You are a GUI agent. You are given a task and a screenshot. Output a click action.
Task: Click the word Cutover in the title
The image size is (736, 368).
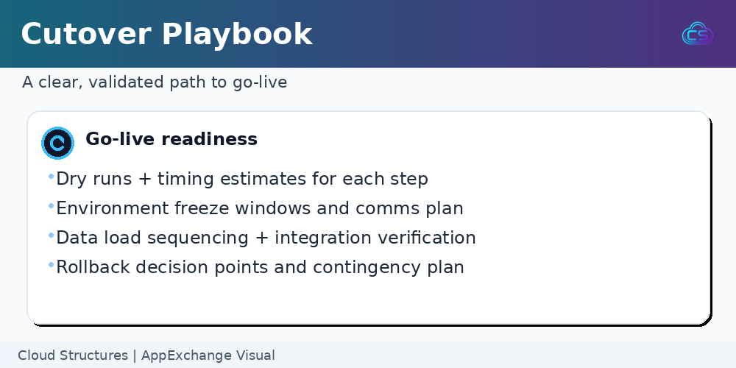pos(86,34)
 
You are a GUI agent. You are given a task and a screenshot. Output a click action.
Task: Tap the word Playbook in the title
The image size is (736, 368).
pos(237,35)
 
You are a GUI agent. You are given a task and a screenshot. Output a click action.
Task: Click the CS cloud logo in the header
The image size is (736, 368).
pos(698,34)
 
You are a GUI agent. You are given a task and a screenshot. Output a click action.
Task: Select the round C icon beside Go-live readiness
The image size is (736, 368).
pos(57,144)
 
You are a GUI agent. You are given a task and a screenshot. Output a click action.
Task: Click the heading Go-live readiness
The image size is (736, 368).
pos(171,139)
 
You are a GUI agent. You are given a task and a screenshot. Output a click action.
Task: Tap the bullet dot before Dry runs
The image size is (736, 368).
pos(52,177)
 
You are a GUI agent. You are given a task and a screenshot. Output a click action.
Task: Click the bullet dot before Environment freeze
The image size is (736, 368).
pos(52,205)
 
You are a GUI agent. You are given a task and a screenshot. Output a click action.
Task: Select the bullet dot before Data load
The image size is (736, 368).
pos(52,236)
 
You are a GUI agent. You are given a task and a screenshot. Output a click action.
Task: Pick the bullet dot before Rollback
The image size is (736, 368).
pos(52,265)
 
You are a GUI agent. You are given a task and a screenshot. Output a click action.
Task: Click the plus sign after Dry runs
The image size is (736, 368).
pos(144,180)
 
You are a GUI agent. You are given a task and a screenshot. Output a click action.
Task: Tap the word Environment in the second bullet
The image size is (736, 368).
pos(112,208)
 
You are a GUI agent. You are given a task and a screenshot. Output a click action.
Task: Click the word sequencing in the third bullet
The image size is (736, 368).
pos(197,238)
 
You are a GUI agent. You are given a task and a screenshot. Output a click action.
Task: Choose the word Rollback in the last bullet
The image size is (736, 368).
pos(93,267)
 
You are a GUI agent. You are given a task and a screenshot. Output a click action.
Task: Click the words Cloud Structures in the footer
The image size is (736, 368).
pos(73,355)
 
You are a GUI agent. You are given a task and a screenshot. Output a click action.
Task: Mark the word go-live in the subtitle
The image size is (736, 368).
pos(260,82)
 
